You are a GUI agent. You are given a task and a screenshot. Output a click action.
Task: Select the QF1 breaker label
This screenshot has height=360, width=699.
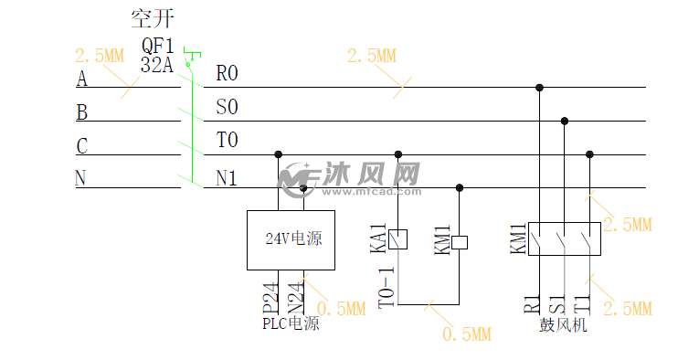coord(157,46)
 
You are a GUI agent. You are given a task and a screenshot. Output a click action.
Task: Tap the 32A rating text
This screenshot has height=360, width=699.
coord(156,65)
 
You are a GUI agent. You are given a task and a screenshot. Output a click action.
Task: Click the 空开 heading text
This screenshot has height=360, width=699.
coord(153,18)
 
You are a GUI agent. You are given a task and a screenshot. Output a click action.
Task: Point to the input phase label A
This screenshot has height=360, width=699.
coord(81,79)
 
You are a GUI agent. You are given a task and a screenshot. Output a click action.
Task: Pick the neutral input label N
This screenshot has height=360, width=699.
coord(80,178)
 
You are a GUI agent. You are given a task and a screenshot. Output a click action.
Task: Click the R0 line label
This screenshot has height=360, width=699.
coord(227,73)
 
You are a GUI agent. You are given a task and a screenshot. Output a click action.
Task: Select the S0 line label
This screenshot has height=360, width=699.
coord(227,107)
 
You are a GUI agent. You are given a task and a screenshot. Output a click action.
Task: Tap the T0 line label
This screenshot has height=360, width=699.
coord(227,141)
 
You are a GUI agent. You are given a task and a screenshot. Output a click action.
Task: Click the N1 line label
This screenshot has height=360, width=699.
coord(227,178)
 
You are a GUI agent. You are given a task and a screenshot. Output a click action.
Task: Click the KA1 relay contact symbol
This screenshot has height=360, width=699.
coord(397,239)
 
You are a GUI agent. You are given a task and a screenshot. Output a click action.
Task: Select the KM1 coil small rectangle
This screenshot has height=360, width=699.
coord(461,242)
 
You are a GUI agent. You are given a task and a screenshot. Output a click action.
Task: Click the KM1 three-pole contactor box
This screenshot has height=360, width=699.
coord(564,238)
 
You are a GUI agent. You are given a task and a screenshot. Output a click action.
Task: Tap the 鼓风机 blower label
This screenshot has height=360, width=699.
coord(563,324)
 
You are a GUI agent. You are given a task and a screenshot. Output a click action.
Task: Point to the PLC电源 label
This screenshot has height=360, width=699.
coord(291,323)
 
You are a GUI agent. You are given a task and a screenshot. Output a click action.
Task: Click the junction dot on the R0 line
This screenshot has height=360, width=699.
coord(540,88)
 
